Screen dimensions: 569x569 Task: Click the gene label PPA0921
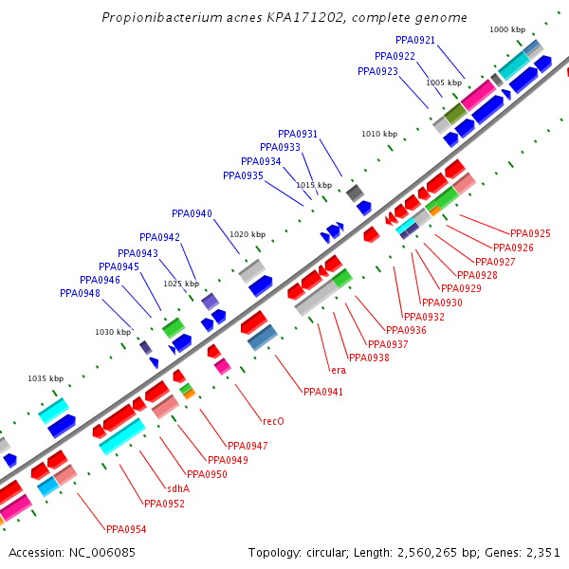415,40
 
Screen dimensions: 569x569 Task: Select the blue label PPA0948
80,294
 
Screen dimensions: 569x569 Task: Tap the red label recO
273,421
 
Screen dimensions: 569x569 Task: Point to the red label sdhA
177,488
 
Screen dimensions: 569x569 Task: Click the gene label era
338,369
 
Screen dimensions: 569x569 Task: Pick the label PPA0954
126,529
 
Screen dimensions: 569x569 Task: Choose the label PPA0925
530,233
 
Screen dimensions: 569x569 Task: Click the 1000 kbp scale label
507,30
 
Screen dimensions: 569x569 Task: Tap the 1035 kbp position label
46,378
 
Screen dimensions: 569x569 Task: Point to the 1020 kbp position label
248,234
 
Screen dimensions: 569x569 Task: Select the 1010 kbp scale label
379,135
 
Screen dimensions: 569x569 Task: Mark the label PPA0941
323,392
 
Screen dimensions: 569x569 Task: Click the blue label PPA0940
192,213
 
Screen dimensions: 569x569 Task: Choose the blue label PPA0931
298,135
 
